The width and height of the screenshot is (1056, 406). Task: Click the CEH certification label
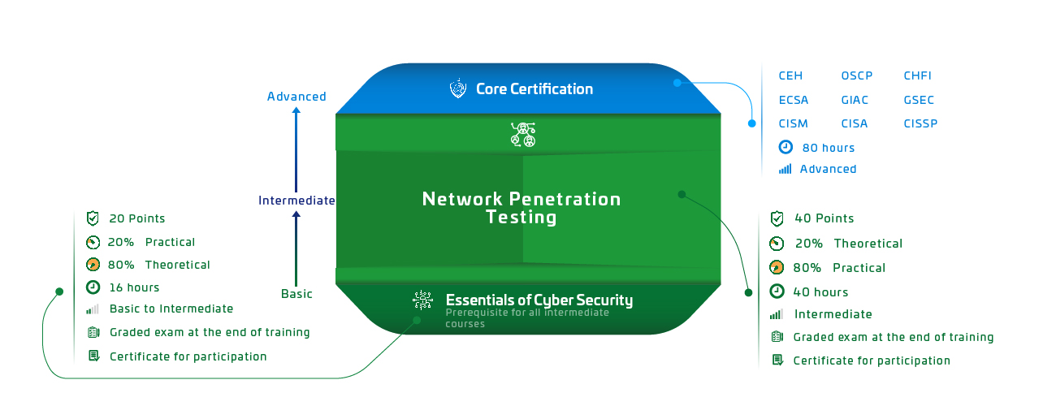[x=790, y=76]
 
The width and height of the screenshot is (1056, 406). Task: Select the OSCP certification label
[x=857, y=76]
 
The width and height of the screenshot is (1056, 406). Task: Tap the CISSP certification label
[x=920, y=123]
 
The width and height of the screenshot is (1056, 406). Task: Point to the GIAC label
[x=855, y=100]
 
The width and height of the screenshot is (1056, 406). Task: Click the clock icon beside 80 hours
[x=786, y=148]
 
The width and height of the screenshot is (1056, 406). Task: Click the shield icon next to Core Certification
[x=458, y=89]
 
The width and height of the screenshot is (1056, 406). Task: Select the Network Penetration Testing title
[x=522, y=208]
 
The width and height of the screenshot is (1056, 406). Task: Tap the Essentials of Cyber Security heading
[x=539, y=300]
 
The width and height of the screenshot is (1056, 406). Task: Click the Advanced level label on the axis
[x=296, y=97]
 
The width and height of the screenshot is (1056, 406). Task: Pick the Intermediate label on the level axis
[x=296, y=201]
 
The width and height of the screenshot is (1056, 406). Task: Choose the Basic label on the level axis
[x=296, y=294]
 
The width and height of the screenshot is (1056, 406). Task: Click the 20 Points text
[x=137, y=218]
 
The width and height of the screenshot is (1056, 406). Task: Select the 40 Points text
[x=824, y=218]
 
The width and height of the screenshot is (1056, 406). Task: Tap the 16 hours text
[x=135, y=287]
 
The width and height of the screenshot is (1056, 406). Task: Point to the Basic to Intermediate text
[x=171, y=309]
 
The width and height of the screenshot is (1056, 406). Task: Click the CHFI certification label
[x=918, y=76]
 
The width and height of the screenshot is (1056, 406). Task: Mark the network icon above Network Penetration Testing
[x=522, y=134]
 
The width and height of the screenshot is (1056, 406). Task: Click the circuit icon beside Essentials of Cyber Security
[x=422, y=300]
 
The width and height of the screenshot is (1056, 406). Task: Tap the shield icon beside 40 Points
[x=777, y=218]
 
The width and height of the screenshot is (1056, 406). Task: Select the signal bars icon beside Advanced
[x=785, y=169]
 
